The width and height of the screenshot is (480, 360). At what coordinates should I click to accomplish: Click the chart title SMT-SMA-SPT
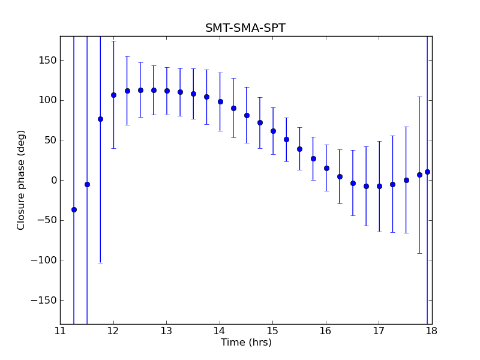point(245,28)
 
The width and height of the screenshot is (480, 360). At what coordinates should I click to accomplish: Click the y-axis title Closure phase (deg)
point(22,180)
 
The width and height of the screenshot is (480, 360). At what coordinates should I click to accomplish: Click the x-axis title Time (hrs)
point(246,343)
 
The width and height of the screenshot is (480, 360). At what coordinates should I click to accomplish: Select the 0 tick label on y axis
point(53,180)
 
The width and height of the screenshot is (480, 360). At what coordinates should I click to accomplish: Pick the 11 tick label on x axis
point(60,331)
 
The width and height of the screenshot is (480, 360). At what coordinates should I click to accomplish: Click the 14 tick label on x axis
point(220,331)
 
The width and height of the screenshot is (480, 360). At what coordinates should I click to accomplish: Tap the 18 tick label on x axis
point(432,331)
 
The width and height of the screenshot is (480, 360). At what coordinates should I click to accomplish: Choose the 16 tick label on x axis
point(326,331)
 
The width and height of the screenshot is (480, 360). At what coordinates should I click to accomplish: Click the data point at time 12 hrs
point(113,95)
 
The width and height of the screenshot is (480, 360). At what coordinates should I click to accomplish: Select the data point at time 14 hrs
point(220,101)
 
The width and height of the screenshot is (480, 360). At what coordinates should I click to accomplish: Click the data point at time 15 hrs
point(273,131)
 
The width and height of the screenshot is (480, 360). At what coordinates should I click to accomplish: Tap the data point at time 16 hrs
point(326,168)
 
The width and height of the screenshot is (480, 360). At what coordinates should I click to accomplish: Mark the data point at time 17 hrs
point(379,186)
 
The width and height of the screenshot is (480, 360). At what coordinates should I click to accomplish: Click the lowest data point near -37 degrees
point(74,209)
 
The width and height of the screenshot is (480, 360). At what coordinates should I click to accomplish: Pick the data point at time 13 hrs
point(167,91)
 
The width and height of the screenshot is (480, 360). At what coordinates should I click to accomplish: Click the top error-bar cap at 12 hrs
point(113,41)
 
